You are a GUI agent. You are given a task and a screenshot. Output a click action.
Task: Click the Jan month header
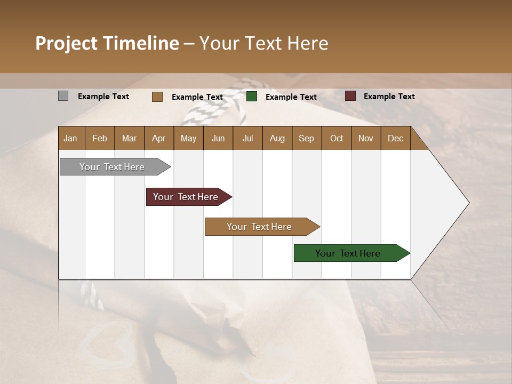coord(70,138)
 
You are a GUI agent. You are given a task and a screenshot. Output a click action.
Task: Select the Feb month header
coord(100,138)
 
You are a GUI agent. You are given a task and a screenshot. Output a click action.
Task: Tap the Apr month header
coord(158,138)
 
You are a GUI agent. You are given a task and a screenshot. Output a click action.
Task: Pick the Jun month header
coord(218,138)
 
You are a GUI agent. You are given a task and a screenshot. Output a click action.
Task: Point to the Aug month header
coord(277,138)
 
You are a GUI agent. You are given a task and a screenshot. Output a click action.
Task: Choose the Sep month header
coord(306,138)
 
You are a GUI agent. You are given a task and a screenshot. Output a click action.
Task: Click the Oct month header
coord(337,138)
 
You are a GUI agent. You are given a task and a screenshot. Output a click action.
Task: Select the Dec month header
coord(395,138)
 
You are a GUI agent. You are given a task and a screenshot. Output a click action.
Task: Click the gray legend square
coord(63,96)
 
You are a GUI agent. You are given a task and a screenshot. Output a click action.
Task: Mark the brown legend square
coord(157,97)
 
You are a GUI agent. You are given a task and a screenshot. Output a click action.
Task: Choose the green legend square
coord(252,97)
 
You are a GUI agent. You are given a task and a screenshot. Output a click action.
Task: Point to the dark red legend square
coord(350,96)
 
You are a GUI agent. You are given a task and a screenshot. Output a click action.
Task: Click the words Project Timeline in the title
coord(107,43)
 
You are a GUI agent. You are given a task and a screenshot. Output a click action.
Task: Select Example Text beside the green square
coord(291,97)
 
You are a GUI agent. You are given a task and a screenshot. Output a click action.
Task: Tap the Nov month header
coord(365,138)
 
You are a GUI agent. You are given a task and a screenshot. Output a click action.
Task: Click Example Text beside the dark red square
coord(389,96)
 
